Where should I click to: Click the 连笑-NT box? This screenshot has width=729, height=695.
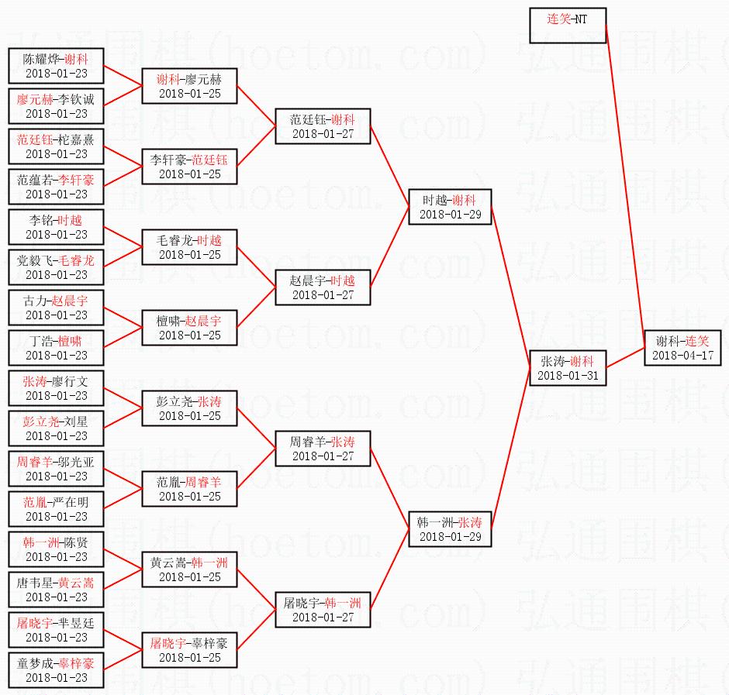[567, 26]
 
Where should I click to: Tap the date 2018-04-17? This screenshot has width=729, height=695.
[682, 356]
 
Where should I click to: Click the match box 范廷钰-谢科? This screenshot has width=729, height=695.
[323, 126]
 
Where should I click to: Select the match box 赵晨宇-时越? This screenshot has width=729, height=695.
[323, 287]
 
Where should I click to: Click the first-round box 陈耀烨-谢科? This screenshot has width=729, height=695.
[56, 66]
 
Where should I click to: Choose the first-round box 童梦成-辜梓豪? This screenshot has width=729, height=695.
[56, 670]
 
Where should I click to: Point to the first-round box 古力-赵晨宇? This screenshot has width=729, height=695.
[56, 308]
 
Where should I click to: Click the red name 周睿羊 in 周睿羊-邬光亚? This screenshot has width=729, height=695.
[35, 462]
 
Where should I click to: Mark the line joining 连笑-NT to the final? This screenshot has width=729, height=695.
[625, 178]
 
